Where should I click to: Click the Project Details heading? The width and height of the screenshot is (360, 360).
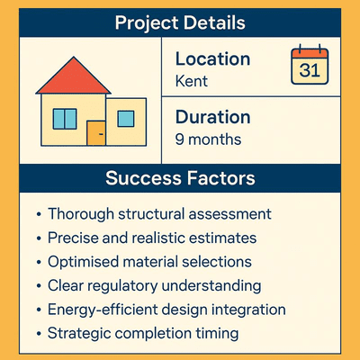(179, 22)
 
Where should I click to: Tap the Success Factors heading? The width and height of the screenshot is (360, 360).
(179, 177)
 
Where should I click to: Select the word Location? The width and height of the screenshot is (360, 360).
(212, 59)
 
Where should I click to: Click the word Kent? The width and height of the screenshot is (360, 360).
(191, 81)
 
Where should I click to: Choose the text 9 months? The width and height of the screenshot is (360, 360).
(209, 139)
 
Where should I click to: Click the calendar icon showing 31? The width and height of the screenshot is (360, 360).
(308, 66)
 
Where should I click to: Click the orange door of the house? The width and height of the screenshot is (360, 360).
(94, 134)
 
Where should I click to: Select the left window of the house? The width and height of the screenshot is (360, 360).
(64, 118)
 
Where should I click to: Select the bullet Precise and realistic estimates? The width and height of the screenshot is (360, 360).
(151, 238)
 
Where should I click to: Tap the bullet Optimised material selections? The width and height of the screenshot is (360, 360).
(148, 262)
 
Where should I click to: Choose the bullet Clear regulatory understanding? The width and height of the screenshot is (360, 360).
(153, 285)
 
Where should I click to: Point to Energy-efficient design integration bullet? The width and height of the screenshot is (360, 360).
(166, 310)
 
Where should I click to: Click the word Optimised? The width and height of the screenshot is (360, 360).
(84, 262)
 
